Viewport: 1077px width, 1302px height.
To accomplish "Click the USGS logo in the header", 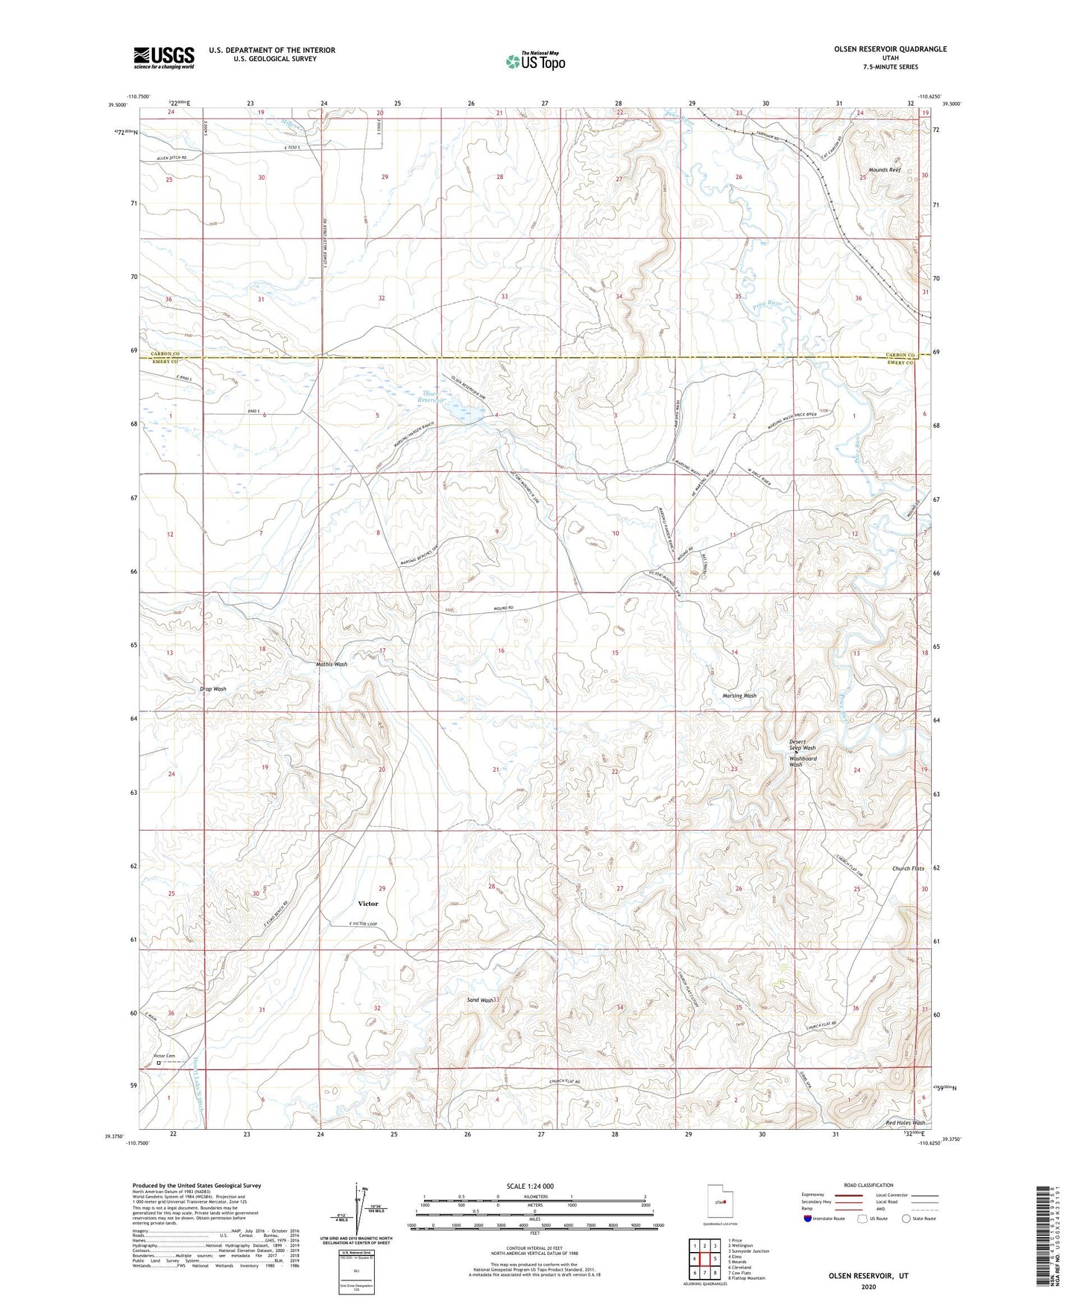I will click(x=163, y=57).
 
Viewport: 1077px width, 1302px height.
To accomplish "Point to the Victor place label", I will click(x=367, y=903).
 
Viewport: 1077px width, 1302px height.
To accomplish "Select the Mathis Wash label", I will click(x=330, y=664).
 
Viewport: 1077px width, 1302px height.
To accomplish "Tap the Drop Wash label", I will click(x=212, y=689).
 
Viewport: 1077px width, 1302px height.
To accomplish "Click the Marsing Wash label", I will click(x=739, y=696).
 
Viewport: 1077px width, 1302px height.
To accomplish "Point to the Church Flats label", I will click(x=908, y=869).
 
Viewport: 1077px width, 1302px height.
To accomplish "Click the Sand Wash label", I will click(x=480, y=1000).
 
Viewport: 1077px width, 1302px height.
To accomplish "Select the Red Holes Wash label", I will click(x=905, y=1122).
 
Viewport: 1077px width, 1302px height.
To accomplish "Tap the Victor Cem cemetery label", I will click(x=164, y=1056).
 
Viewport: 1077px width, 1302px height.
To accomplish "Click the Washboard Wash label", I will click(x=803, y=761).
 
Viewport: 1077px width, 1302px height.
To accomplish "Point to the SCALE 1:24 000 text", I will click(x=534, y=1186).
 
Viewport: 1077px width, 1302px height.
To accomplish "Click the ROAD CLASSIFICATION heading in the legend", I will click(x=869, y=1185).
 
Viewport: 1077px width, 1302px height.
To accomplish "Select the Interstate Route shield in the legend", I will click(x=809, y=1218).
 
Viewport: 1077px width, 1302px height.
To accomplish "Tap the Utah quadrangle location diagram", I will click(x=718, y=1201).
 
